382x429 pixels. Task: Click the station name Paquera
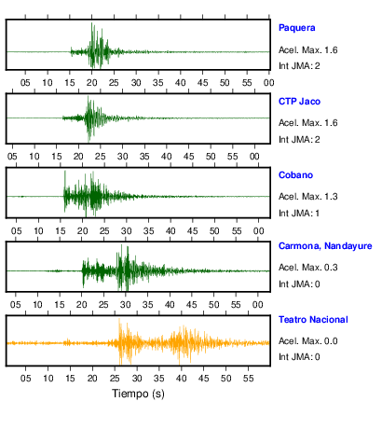pos(296,28)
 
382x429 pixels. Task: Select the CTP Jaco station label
pos(299,102)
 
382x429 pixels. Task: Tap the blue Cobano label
pos(295,175)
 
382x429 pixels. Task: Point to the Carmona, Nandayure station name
pos(325,246)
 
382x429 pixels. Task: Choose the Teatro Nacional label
pos(313,320)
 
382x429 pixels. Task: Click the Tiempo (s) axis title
pos(138,394)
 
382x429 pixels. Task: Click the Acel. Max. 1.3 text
pos(307,197)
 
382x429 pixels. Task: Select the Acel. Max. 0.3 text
pos(307,268)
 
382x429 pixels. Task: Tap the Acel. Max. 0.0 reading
pos(307,341)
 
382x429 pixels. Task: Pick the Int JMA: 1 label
pos(299,214)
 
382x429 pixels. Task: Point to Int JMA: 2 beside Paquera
pos(299,66)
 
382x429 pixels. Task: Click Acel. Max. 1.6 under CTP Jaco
pos(307,123)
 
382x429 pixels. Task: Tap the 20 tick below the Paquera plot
pos(91,83)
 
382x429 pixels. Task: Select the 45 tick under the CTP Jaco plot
pos(188,156)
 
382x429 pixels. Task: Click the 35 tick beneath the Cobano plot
pos(148,231)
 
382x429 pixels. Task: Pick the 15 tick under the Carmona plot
pos(60,305)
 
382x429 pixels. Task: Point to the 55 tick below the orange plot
pos(248,379)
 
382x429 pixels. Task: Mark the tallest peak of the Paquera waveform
pos(91,23)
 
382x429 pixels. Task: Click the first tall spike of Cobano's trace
pos(65,171)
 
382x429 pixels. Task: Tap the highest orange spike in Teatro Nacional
pos(119,319)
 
